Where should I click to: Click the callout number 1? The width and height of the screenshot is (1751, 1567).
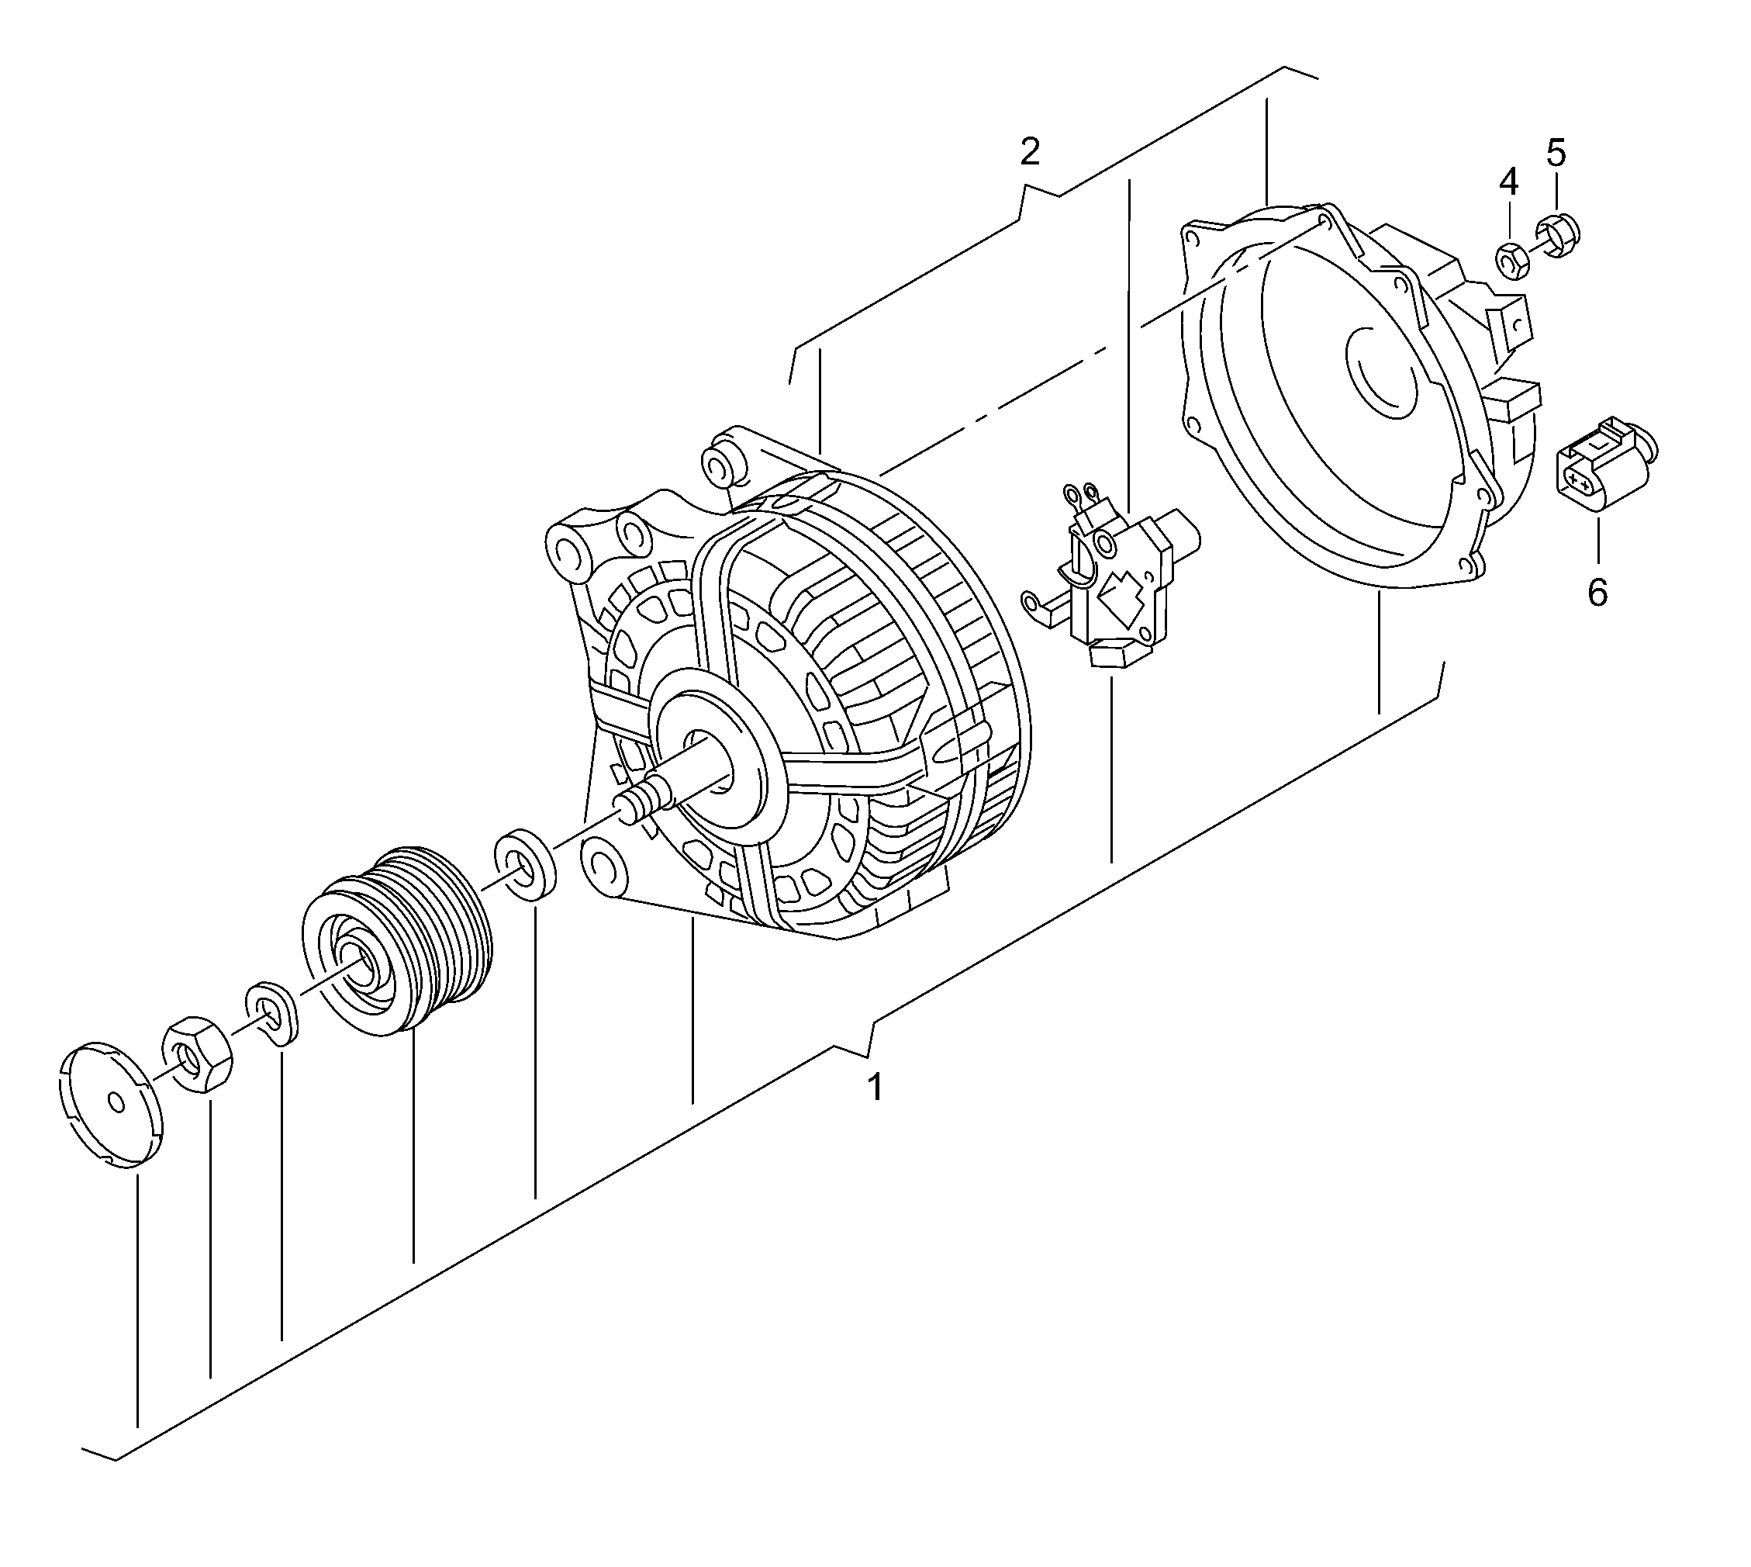pyautogui.click(x=874, y=1088)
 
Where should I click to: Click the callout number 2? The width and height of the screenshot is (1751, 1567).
pyautogui.click(x=1030, y=152)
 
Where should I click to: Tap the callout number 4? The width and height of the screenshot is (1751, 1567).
pyautogui.click(x=1508, y=182)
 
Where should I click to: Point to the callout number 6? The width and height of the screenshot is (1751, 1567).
pyautogui.click(x=1597, y=593)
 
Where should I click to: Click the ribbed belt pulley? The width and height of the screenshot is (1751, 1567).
pyautogui.click(x=396, y=939)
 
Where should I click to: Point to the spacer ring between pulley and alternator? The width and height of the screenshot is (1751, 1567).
pyautogui.click(x=524, y=864)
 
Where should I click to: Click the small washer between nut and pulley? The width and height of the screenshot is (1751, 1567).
pyautogui.click(x=272, y=1011)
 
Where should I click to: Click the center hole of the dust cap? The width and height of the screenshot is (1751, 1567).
pyautogui.click(x=117, y=1103)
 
